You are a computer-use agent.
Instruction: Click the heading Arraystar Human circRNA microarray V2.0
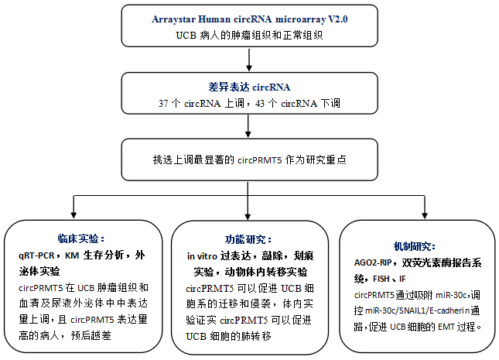[249, 17]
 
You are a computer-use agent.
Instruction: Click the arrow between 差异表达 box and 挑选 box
[249, 129]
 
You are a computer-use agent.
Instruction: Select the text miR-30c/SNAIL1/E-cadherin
[403, 311]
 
